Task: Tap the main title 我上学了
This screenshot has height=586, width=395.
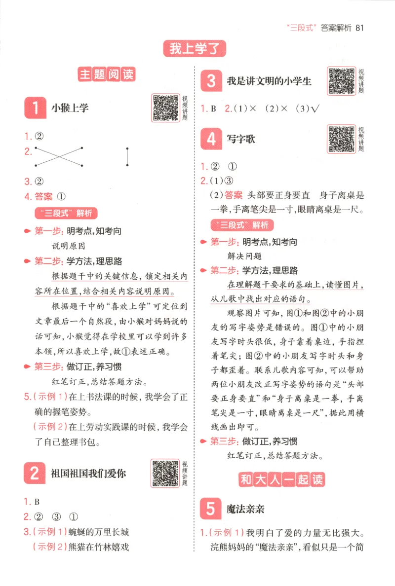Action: pyautogui.click(x=195, y=49)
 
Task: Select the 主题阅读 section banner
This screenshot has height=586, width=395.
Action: pyautogui.click(x=107, y=75)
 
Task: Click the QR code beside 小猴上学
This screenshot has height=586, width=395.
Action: pyautogui.click(x=165, y=108)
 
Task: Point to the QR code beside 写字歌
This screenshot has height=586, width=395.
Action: pyautogui.click(x=342, y=139)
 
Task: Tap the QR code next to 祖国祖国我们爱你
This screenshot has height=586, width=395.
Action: pyautogui.click(x=165, y=473)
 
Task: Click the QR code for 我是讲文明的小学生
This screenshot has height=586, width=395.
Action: pyautogui.click(x=342, y=81)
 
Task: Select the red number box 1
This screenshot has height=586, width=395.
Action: pyautogui.click(x=35, y=108)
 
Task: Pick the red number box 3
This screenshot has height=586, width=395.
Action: pyautogui.click(x=211, y=81)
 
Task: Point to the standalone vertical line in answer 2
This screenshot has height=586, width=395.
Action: pyautogui.click(x=127, y=157)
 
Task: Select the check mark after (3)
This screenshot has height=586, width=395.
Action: pyautogui.click(x=312, y=109)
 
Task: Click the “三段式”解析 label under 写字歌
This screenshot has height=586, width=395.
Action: pyautogui.click(x=240, y=225)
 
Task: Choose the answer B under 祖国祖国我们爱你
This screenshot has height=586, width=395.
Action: pyautogui.click(x=37, y=502)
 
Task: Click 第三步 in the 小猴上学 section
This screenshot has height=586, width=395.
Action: pyautogui.click(x=48, y=367)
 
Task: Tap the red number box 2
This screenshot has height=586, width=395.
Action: pyautogui.click(x=35, y=474)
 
